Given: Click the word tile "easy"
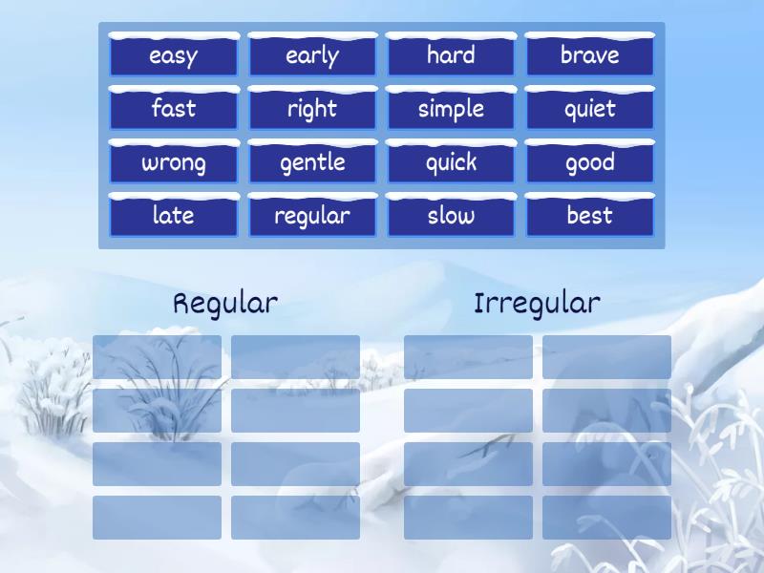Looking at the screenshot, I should pos(173,55).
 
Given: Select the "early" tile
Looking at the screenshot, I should pos(312,55).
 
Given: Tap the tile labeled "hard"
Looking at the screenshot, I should pos(451,55).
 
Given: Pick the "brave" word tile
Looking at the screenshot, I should pos(589,55).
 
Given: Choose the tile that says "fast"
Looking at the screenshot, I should pos(173,109).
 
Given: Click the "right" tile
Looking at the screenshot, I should pos(312,109).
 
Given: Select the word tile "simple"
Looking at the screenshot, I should pos(451,109).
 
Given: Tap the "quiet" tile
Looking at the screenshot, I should pos(589,109).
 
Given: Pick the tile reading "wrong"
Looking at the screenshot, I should pos(173,162).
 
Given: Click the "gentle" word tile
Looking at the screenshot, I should pos(312,162).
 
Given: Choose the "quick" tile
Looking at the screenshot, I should pos(451,162).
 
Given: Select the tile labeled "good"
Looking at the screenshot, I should pos(589,162).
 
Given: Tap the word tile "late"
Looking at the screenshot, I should pos(173,216).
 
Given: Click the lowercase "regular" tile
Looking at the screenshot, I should pos(312,216).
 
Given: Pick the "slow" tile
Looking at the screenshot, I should pos(451,216).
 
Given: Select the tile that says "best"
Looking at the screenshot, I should pos(589,216).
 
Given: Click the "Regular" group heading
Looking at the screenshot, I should pos(225,304).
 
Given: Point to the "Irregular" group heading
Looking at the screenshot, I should pos(537,304).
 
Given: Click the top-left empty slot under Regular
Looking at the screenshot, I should pos(157,357).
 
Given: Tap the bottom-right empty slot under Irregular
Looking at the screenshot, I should pos(606,518).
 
